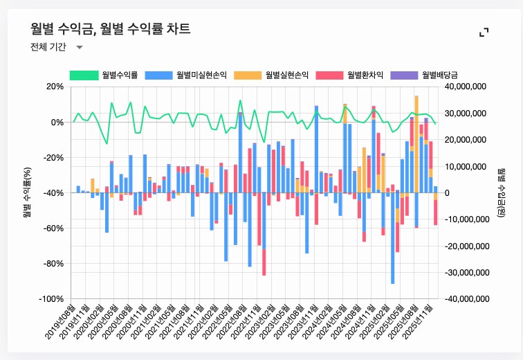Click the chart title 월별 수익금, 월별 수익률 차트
tap(110, 28)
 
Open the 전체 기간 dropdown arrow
tap(79, 48)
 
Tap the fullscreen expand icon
tap(484, 32)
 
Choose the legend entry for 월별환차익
tap(365, 74)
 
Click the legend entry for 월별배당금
tap(444, 74)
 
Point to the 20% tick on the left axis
tap(54, 87)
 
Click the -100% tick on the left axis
tap(51, 299)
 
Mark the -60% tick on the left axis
tap(53, 228)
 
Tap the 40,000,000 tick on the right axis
tap(467, 87)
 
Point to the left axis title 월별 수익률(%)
tap(27, 192)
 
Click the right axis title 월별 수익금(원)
tap(502, 192)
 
